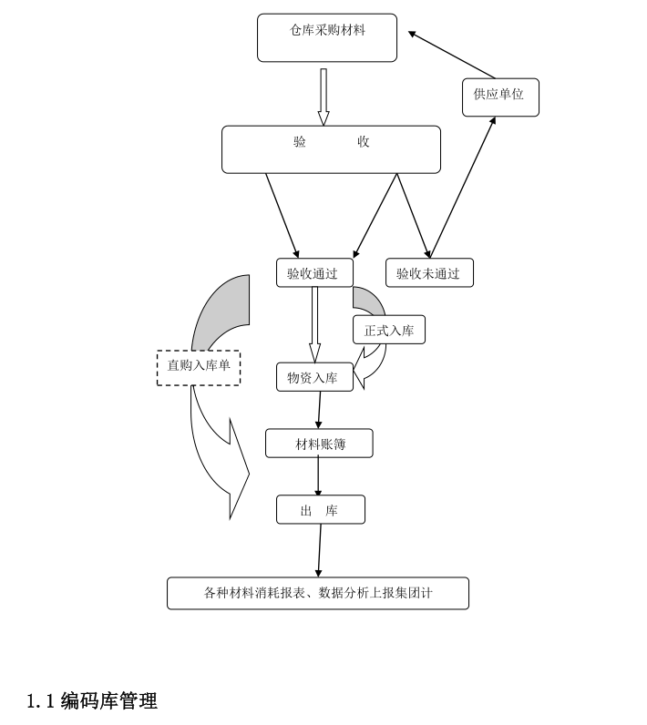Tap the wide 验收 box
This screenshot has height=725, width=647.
pos(331,149)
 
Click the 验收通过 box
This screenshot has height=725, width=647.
pos(314,273)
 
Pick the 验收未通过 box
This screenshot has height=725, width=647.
pos(429,273)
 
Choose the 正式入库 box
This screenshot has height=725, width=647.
pos(389,330)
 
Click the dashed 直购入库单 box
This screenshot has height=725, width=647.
pos(199,367)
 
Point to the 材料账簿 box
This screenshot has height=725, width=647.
pos(319,444)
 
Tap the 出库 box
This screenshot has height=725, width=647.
pos(321,510)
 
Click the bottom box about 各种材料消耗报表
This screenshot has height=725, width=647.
pos(318,593)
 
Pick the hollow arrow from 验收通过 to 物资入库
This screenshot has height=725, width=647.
pos(314,324)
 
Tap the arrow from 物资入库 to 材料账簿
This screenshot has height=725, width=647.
pos(319,411)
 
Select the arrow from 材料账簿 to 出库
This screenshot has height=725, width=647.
pos(318,476)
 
